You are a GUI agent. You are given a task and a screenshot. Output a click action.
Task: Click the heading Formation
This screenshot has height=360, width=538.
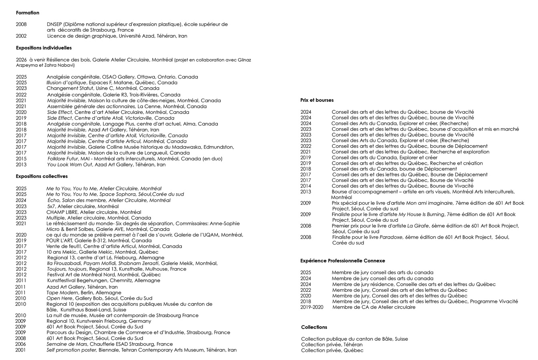click(28, 13)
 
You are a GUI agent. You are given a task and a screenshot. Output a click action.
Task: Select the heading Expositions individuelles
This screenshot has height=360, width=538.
click(44, 48)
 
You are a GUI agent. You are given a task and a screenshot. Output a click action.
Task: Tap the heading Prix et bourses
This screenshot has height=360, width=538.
click(317, 100)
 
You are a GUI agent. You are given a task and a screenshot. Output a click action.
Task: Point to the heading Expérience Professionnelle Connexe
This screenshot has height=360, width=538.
click(343, 261)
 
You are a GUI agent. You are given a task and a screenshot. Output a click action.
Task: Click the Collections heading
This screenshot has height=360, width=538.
click(314, 327)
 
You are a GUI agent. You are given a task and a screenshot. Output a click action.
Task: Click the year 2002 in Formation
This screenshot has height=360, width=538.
click(21, 36)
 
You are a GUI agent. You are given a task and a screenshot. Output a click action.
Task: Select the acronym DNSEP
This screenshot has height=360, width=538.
click(54, 24)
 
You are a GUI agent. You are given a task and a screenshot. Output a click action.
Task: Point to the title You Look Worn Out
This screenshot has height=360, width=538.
click(70, 164)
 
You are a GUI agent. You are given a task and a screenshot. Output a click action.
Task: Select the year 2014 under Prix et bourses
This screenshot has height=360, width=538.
click(306, 186)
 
